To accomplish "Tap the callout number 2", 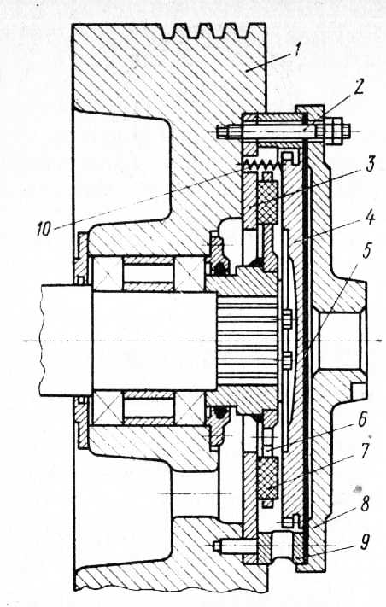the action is pos(358,89).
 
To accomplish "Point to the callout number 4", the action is pos(370,217).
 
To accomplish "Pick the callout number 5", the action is pos(366,252).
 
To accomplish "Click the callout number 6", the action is pos(363,420).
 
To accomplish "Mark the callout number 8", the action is pos(366,505).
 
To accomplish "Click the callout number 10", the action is pos(44,230).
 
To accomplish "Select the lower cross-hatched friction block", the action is pos(267,478).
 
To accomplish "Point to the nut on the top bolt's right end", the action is pos(332,131).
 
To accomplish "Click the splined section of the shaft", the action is pos(247,341).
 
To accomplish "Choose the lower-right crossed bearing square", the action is pos(190,408).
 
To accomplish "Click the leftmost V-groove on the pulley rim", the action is pos(168,32).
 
